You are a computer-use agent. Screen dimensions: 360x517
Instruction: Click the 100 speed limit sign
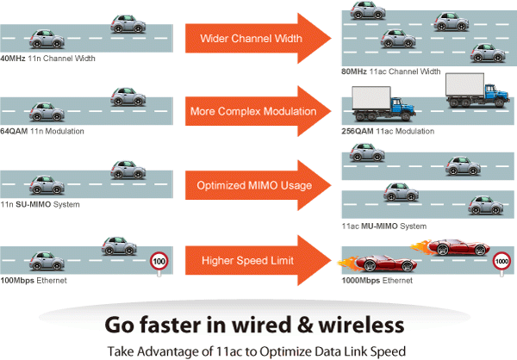(x=158, y=259)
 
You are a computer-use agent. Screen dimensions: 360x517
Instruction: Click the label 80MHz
(x=356, y=71)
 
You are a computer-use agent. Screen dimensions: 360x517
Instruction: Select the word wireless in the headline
(x=363, y=325)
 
